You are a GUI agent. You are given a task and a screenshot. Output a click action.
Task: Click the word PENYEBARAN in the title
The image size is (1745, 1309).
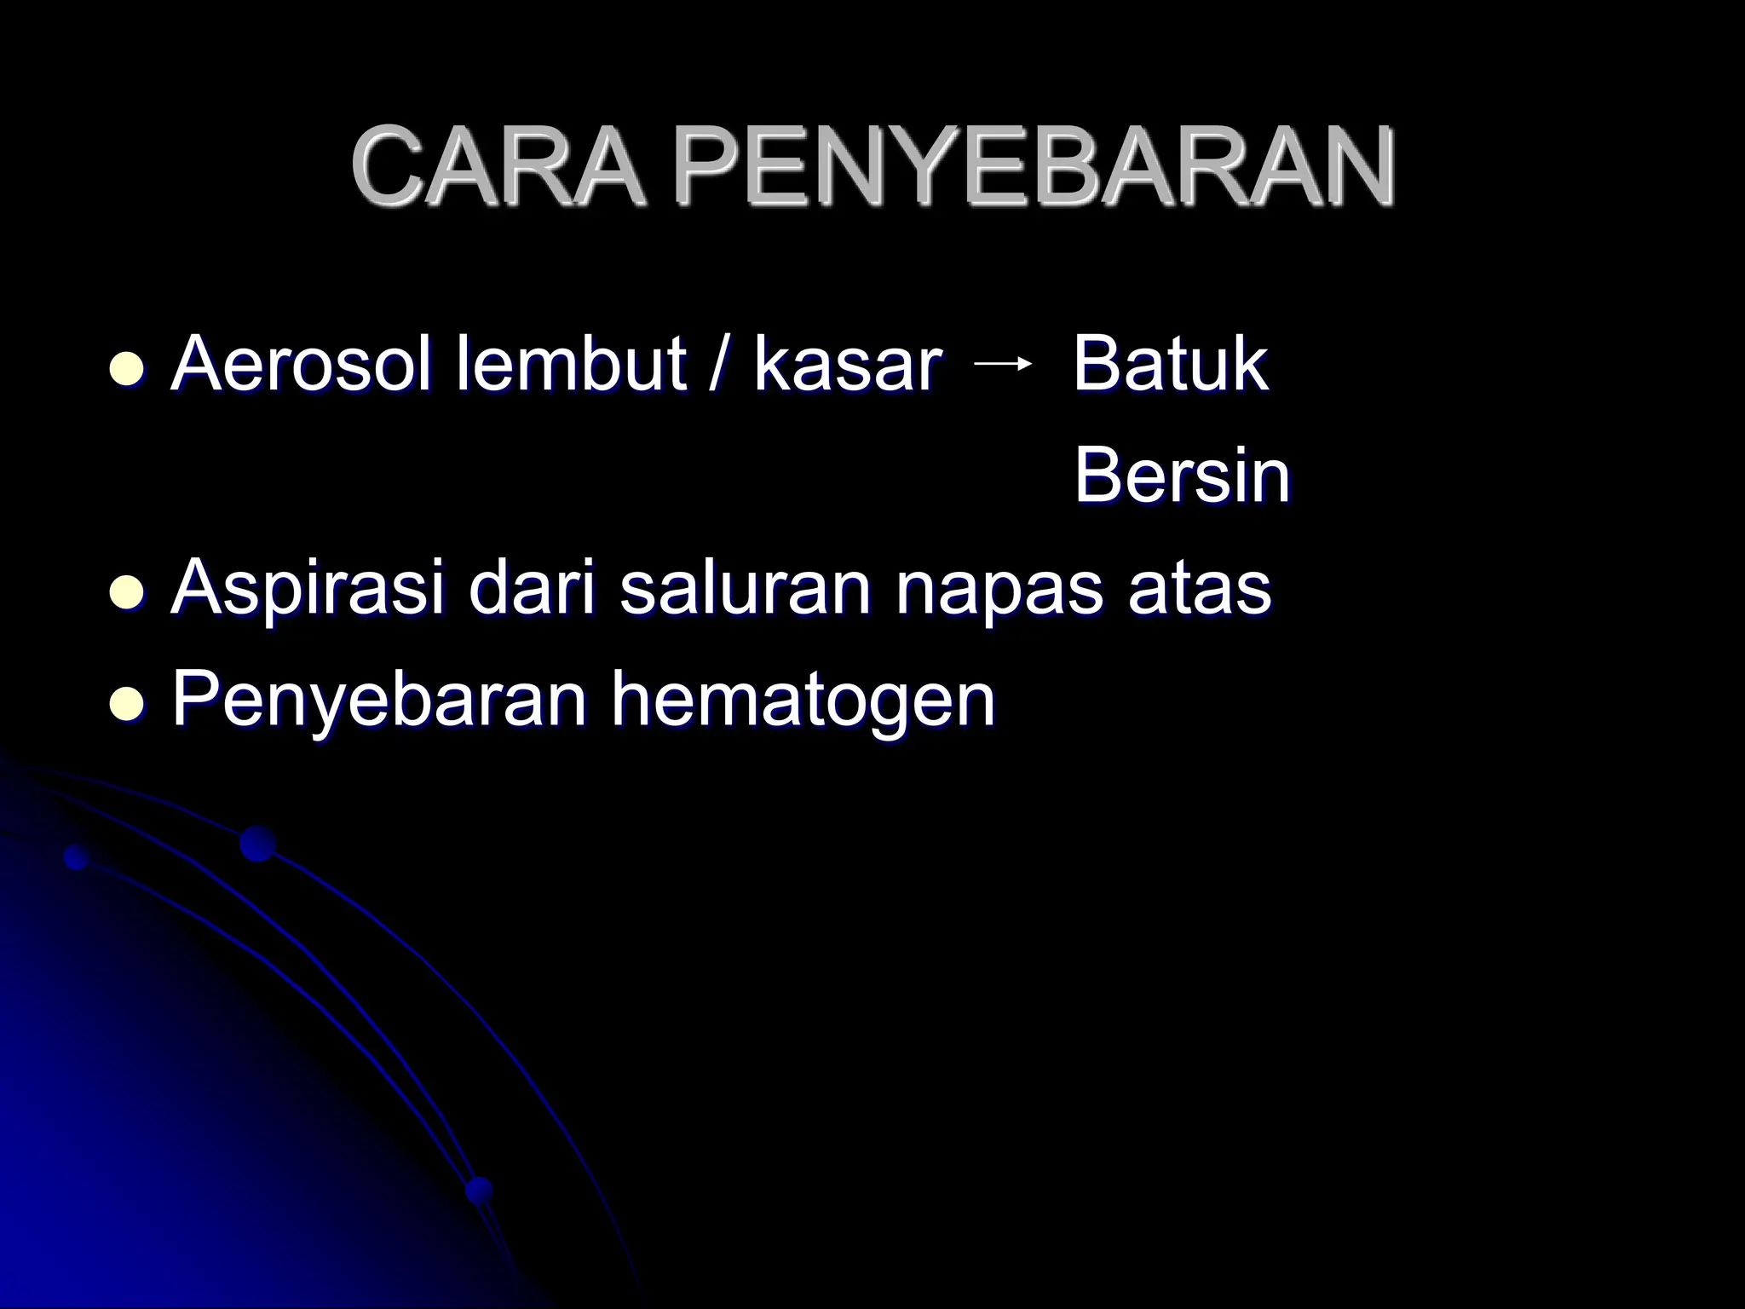pyautogui.click(x=1034, y=167)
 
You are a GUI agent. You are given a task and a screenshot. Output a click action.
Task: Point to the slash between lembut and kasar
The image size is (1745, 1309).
pyautogui.click(x=714, y=366)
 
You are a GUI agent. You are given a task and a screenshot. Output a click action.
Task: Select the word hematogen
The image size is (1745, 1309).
pyautogui.click(x=803, y=702)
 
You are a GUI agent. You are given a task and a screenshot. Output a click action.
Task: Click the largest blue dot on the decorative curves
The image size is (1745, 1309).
pyautogui.click(x=257, y=844)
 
